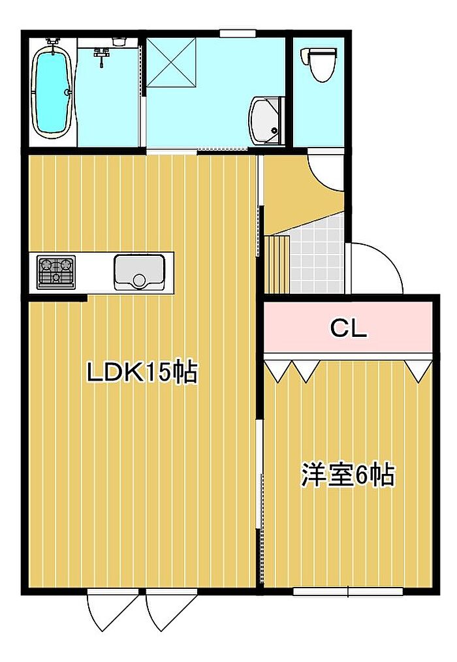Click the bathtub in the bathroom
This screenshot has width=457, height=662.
coord(52,91)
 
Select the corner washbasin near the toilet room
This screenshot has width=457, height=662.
coord(266,120)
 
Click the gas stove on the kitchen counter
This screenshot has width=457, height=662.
coord(56,272)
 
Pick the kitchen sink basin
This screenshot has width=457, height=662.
coord(139,272)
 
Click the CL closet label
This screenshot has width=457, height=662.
coord(349,328)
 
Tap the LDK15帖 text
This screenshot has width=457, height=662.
coord(142,371)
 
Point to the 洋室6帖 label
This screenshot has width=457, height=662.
coord(348,475)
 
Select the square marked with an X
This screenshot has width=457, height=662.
coord(171,63)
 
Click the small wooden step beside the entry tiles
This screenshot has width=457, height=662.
coord(277,264)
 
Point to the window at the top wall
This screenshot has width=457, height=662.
coord(238,33)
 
